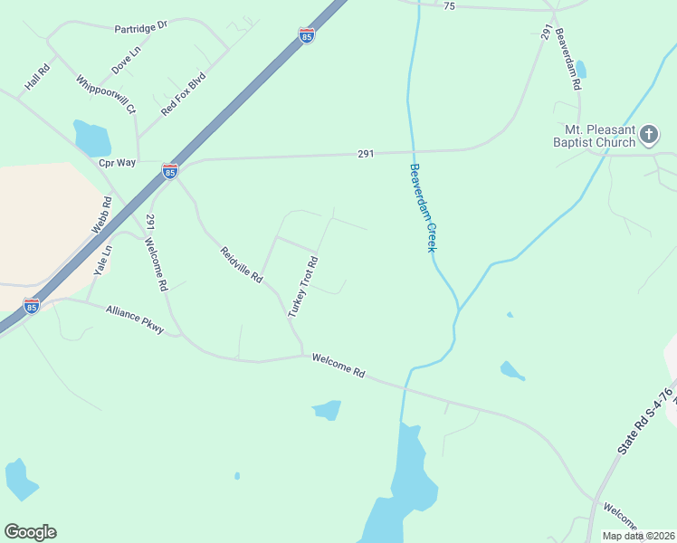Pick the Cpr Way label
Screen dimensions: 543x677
click(117, 163)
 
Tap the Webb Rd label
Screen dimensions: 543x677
click(100, 216)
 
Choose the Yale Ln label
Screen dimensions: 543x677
click(103, 261)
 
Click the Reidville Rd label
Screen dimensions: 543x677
click(241, 264)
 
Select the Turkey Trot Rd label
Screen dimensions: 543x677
click(303, 287)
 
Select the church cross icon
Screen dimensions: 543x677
click(648, 136)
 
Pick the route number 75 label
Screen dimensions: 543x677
click(449, 6)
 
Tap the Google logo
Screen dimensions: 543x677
click(30, 532)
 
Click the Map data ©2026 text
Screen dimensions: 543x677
click(638, 536)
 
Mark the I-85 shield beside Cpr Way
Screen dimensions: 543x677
click(169, 170)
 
